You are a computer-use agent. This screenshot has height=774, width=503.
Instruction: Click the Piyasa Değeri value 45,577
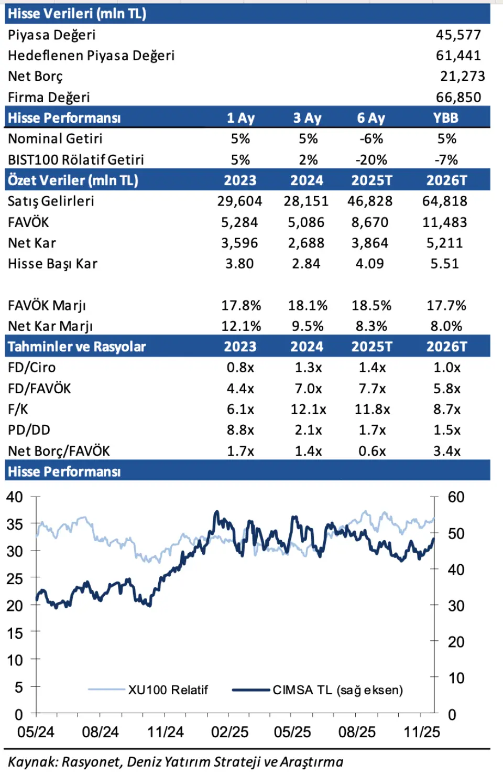point(458,35)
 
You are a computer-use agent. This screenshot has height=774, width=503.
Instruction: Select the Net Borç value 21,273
point(462,77)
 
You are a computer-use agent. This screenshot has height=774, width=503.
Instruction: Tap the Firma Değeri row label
point(49,98)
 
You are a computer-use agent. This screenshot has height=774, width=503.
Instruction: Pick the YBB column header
point(445,118)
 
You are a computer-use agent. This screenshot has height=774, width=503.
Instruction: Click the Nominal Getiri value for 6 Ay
point(371,139)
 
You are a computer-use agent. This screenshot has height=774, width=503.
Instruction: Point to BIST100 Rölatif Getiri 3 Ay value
point(308,160)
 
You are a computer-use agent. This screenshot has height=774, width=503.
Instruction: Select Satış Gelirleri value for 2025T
point(370,201)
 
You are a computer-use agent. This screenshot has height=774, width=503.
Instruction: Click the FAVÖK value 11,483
point(444,222)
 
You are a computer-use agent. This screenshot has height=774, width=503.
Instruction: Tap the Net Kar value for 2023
point(239,243)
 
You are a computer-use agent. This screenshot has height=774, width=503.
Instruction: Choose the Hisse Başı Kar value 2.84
point(306,264)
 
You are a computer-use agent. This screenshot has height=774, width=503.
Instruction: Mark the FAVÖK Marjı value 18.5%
point(371,306)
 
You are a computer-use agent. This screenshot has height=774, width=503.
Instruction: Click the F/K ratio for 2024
point(308,410)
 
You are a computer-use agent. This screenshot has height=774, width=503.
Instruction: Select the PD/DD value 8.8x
point(240,431)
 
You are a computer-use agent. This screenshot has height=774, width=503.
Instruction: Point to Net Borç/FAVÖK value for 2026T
point(446,451)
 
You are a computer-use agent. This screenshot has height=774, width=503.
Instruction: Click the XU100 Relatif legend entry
point(168,690)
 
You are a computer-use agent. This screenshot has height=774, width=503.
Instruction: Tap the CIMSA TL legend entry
point(337,690)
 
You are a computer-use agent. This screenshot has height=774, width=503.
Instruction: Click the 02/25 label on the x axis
point(229,732)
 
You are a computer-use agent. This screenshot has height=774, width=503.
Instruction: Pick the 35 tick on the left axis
point(15,524)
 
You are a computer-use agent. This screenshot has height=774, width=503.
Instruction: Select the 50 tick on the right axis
point(456,534)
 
